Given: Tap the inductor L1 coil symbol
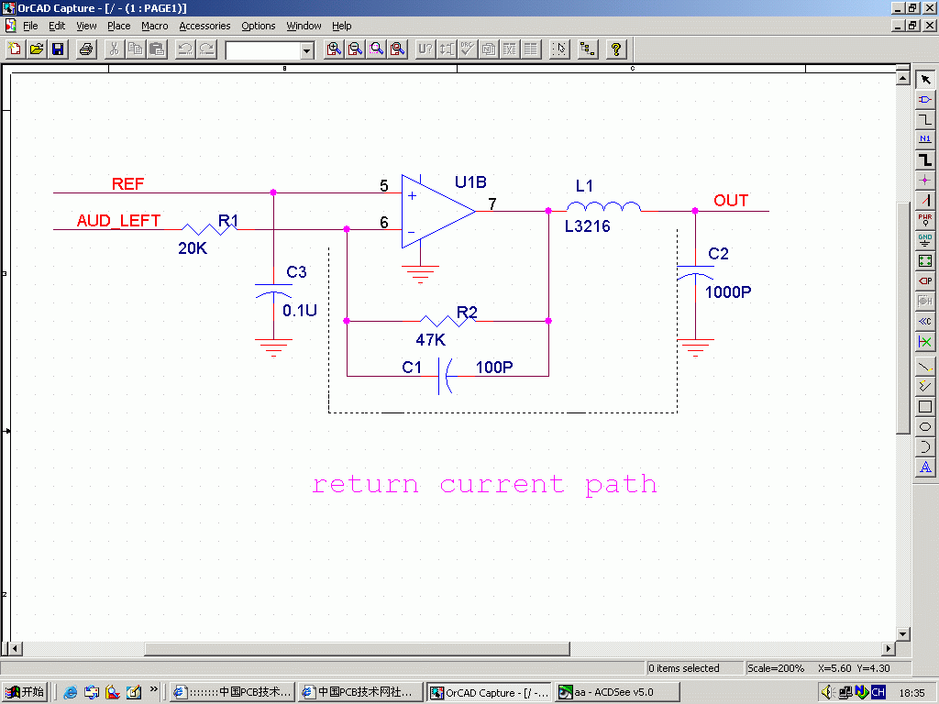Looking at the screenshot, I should click(603, 207).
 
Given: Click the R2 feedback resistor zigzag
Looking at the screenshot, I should click(447, 320).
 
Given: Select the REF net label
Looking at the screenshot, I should click(127, 184).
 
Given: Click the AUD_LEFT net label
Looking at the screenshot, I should click(118, 221).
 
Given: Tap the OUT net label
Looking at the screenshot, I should click(731, 201).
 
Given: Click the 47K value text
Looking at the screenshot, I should click(430, 340).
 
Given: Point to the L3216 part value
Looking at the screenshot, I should click(587, 226).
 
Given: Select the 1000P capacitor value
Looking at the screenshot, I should click(728, 292).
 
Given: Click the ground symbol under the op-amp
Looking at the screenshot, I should click(420, 272).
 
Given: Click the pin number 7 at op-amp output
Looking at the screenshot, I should click(492, 203).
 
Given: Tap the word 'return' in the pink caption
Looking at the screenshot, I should click(365, 484).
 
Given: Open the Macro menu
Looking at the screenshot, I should click(154, 26).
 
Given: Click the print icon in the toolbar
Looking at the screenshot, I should click(86, 49).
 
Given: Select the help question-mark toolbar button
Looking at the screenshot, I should click(616, 49).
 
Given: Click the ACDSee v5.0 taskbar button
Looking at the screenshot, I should click(618, 692).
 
